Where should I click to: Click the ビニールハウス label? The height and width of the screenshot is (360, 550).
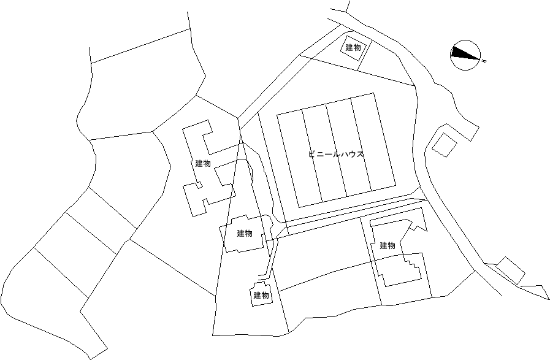[335, 154]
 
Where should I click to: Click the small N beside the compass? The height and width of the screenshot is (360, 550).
[484, 61]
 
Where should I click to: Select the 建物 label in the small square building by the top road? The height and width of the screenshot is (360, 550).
[353, 48]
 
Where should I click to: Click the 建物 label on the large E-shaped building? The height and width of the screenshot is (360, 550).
[203, 164]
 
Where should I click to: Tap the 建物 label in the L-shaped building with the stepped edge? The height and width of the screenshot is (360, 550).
[388, 245]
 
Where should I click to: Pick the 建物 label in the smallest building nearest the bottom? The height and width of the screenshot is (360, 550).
[261, 296]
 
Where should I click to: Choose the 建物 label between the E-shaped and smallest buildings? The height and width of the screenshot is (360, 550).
[245, 233]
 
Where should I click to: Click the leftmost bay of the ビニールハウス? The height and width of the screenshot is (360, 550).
[299, 159]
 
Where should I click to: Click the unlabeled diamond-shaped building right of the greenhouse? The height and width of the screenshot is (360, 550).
[445, 145]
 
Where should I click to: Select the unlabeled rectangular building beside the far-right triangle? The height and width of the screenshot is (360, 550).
[511, 270]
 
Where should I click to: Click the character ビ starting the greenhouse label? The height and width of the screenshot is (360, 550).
[311, 154]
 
